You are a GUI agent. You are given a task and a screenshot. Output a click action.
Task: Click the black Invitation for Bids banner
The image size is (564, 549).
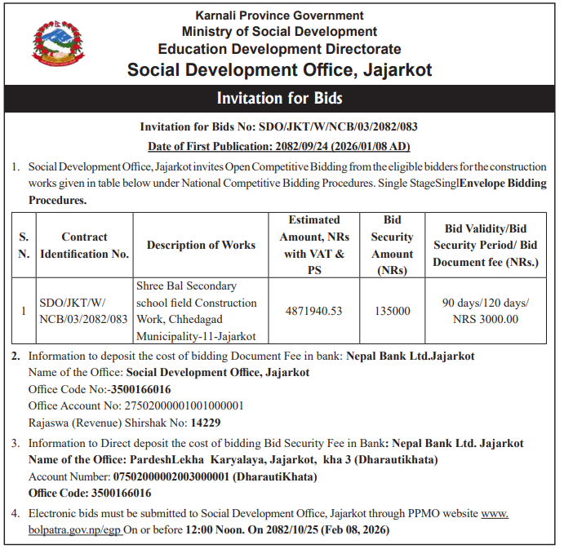(280, 99)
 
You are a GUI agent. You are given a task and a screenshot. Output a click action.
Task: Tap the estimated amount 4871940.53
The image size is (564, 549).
(313, 311)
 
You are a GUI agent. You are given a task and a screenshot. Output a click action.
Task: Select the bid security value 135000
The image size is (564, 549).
(392, 311)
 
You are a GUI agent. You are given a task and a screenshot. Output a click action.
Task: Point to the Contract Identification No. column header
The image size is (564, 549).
(84, 245)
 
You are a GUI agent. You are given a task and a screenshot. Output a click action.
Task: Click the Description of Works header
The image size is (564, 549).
(201, 245)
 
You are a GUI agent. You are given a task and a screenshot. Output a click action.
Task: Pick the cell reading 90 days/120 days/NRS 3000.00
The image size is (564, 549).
(485, 311)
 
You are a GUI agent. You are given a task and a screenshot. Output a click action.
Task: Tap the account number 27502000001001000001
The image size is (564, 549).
(175, 405)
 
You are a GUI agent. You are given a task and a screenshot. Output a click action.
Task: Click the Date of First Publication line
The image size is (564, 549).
(278, 147)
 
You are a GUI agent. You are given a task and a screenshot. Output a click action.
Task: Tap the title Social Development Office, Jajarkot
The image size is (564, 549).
(280, 69)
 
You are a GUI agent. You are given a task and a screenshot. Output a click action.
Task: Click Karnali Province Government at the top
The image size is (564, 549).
(280, 15)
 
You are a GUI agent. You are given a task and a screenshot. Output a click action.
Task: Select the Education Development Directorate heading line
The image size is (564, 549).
(280, 49)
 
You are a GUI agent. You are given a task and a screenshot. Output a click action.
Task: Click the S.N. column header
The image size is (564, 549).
(24, 245)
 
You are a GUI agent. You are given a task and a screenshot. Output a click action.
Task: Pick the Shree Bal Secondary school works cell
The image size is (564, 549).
(197, 311)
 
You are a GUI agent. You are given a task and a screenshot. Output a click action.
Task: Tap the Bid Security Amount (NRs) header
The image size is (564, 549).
(392, 245)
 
